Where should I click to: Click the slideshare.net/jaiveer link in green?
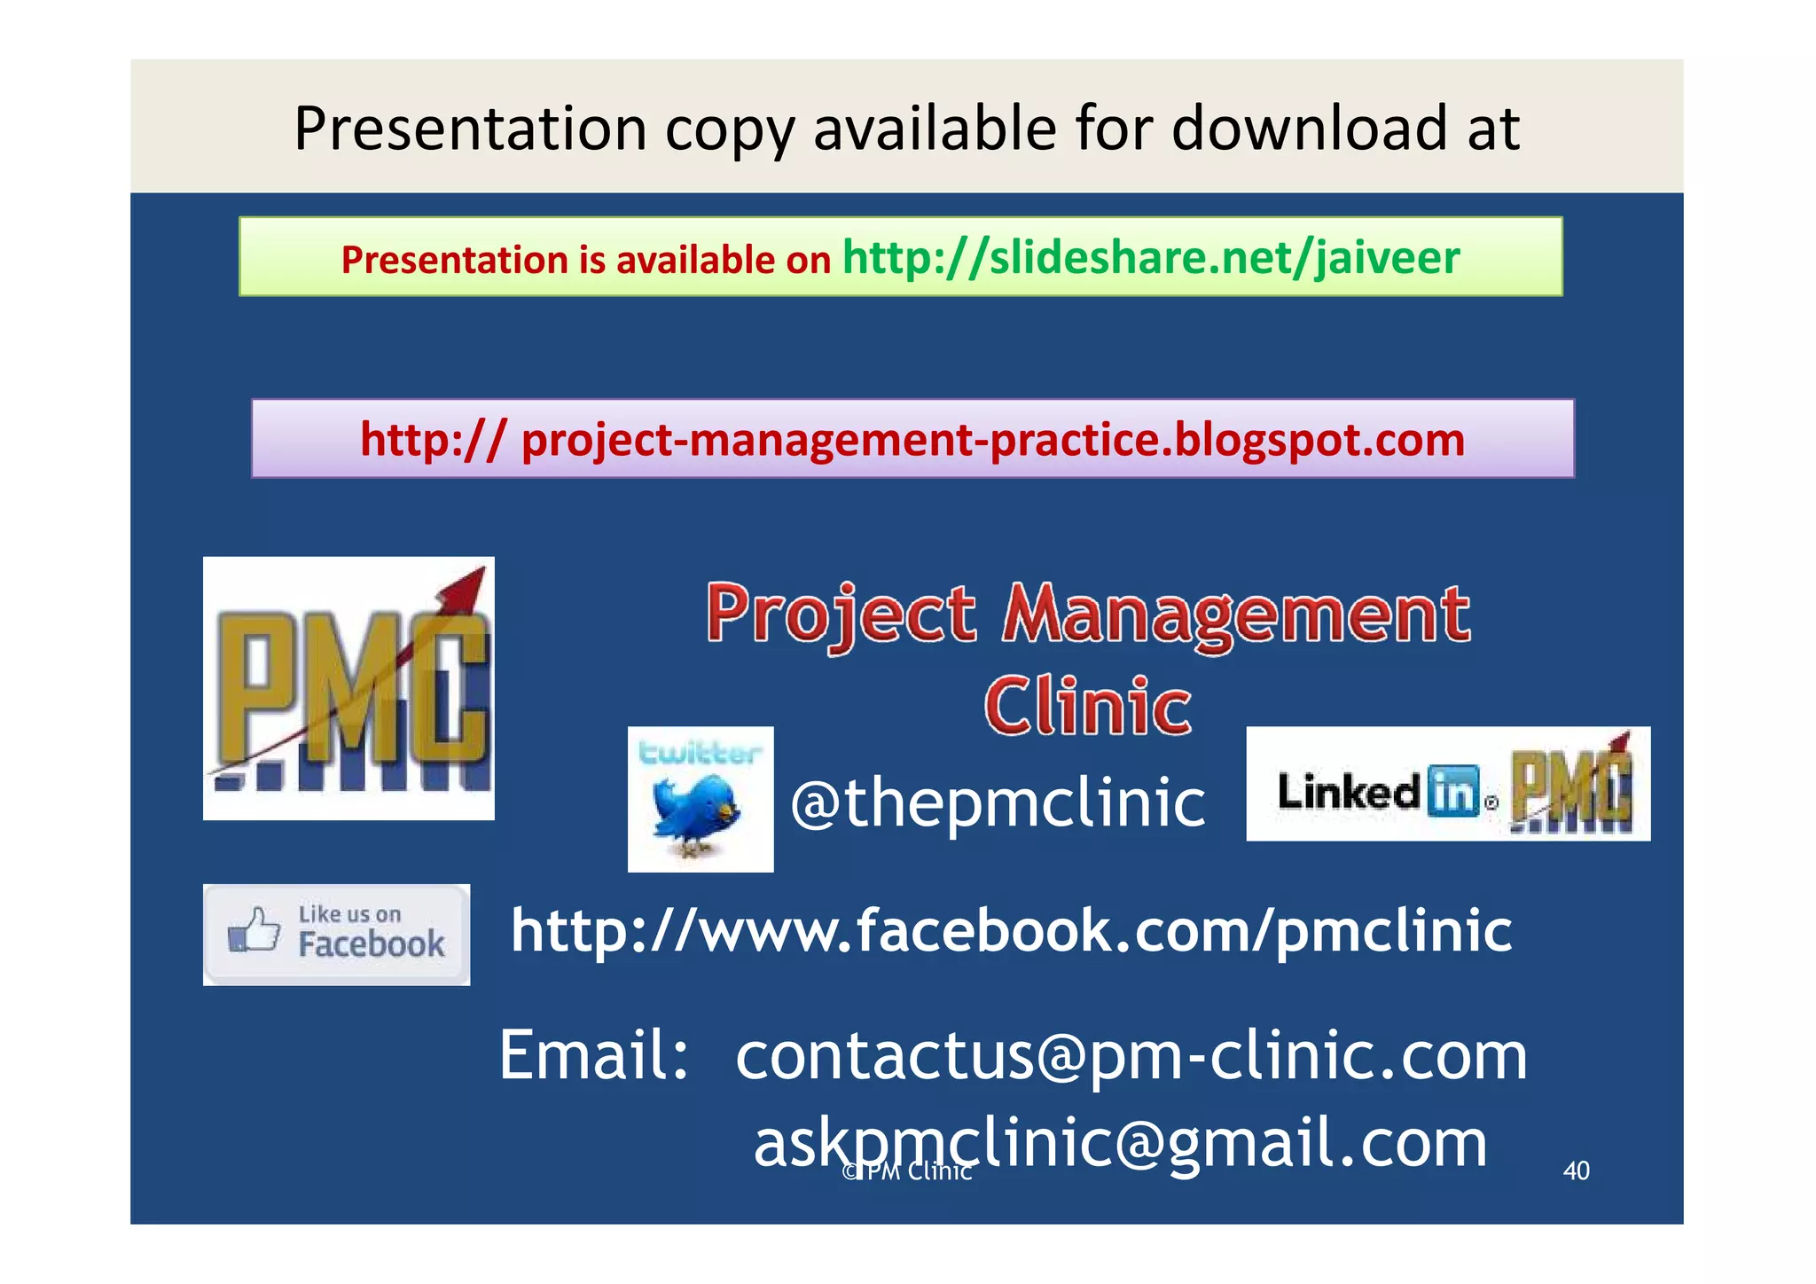1150,258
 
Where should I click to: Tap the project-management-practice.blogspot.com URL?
912,440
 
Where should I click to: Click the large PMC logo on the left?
348,688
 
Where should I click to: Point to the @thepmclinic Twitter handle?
997,802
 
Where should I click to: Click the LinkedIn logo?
1378,790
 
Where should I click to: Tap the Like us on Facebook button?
336,935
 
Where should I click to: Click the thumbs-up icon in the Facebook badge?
254,930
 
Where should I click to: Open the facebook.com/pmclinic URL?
1011,931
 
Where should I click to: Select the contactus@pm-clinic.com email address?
1131,1056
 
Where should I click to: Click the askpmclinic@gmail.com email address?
1120,1142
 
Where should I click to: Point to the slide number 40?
1576,1170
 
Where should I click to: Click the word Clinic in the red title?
1088,707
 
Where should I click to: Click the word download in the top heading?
1309,129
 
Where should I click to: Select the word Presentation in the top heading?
471,129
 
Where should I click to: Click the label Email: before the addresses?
594,1056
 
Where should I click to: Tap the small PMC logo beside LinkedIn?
1570,784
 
